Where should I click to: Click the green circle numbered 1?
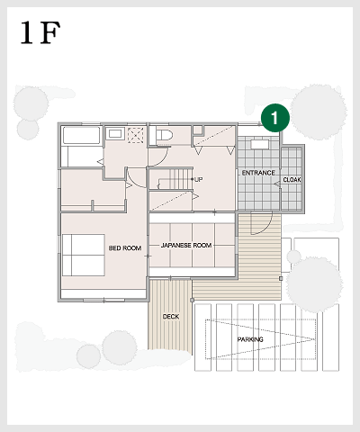pyautogui.click(x=274, y=116)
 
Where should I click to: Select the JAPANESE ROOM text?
pyautogui.click(x=186, y=245)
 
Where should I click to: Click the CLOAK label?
pyautogui.click(x=292, y=180)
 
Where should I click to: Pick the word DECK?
pyautogui.click(x=170, y=317)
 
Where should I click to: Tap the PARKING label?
pyautogui.click(x=250, y=339)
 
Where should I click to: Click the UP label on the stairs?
pyautogui.click(x=199, y=180)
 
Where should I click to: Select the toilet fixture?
pyautogui.click(x=164, y=135)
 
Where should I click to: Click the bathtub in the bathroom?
pyautogui.click(x=80, y=136)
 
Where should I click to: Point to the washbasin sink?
pyautogui.click(x=114, y=135)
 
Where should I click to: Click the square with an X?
pyautogui.click(x=137, y=135)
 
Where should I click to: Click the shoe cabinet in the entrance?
pyautogui.click(x=260, y=144)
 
